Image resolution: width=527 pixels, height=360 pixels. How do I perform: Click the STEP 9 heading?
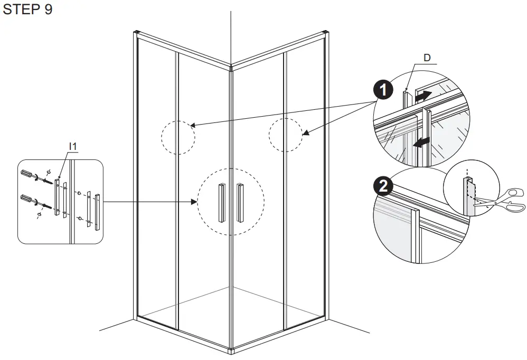(x=27, y=10)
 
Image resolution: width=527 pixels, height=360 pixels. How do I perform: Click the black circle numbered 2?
(x=382, y=186)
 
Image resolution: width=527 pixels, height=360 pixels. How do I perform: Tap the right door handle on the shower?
(x=241, y=202)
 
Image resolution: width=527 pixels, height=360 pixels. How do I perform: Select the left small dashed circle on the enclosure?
(x=178, y=137)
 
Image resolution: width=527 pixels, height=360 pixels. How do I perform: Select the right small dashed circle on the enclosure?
(x=286, y=135)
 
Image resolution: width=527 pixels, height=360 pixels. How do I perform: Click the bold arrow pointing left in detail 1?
(x=421, y=143)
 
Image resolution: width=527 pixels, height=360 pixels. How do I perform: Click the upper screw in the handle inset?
(x=49, y=181)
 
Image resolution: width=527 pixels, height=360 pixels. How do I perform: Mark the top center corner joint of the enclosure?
(x=231, y=68)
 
